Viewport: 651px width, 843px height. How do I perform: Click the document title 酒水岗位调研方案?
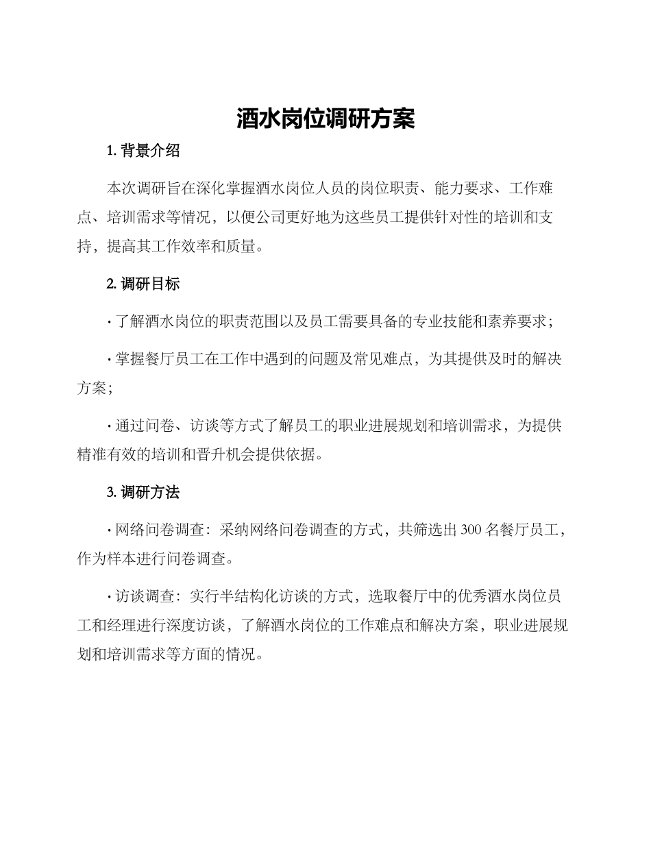325,119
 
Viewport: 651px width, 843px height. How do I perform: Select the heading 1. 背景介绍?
143,151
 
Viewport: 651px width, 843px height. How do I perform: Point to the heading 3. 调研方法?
143,492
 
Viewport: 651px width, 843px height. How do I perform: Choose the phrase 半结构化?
251,595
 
